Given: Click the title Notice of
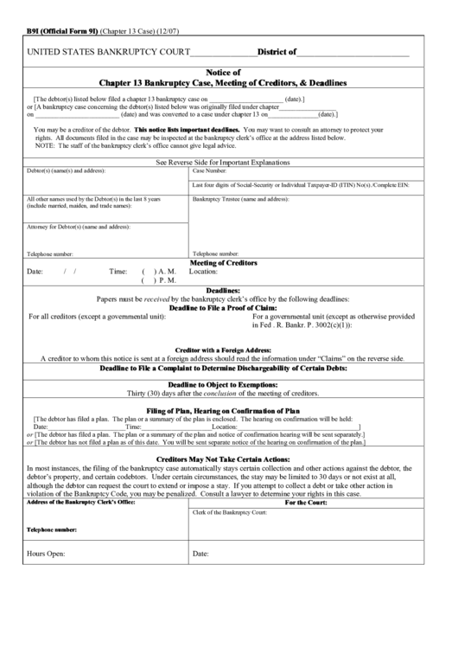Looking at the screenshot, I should pos(224,73).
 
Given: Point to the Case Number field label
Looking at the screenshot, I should pos(210,171).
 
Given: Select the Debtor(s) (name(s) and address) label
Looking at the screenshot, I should pos(66,171).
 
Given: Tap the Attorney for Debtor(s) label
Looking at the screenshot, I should pos(78,227).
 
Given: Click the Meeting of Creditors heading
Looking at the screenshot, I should pos(223,261).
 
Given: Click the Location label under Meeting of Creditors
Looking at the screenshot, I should pos(205,271).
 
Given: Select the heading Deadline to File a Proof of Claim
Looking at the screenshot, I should pos(223,307).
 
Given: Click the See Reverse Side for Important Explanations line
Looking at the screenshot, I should pos(223,162).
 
